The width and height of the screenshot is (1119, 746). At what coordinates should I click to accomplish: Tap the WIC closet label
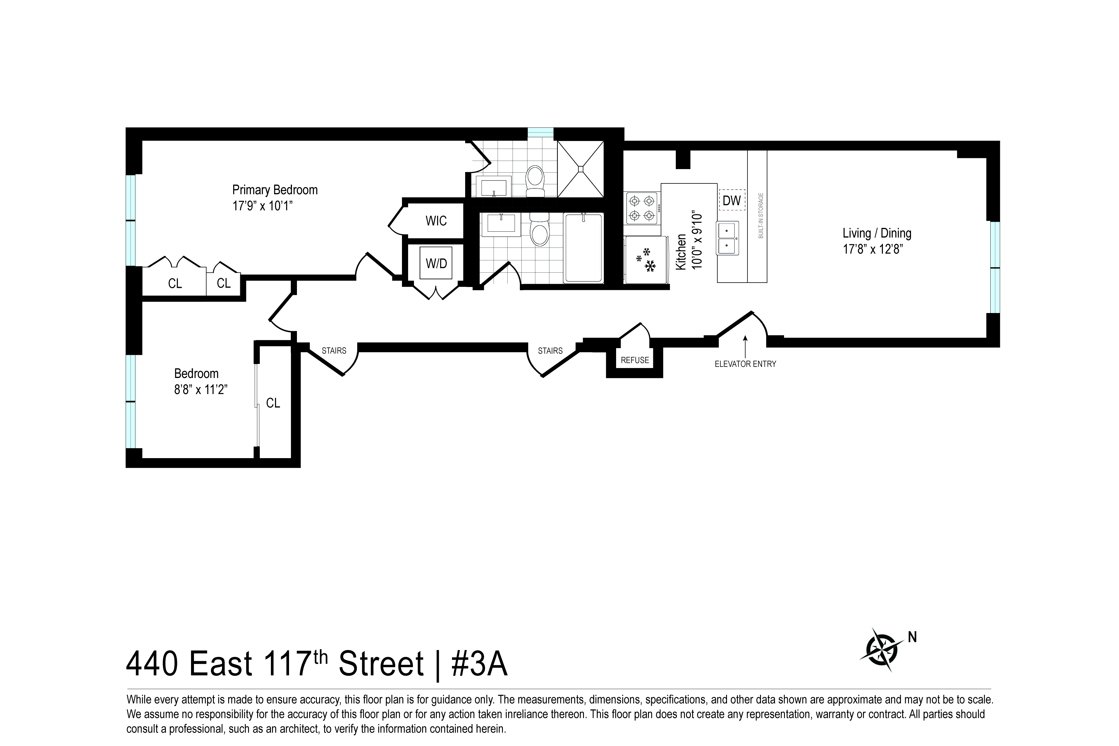click(436, 221)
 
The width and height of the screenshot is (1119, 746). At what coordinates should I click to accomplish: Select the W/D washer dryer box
click(436, 263)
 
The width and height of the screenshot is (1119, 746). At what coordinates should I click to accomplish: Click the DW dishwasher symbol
click(732, 200)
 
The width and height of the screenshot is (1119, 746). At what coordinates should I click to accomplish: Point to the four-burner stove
click(641, 208)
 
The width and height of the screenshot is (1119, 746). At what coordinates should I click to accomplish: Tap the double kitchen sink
click(728, 238)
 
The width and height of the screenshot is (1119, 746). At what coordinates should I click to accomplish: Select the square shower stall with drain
click(580, 169)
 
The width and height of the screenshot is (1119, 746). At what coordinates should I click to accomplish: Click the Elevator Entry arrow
click(745, 345)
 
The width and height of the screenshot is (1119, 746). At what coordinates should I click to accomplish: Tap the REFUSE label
click(635, 360)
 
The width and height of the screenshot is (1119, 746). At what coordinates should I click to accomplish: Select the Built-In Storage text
click(761, 216)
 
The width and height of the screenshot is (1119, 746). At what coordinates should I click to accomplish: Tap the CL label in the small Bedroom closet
click(273, 403)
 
